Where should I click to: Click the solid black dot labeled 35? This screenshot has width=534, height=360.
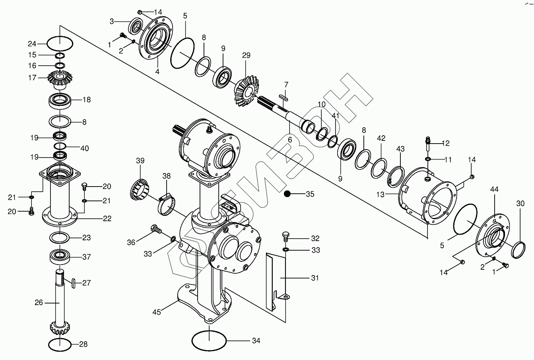tap(288, 194)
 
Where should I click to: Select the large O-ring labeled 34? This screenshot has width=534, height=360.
tap(209, 341)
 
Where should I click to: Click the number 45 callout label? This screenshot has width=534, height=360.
tap(157, 312)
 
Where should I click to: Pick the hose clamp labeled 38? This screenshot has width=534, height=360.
tap(167, 202)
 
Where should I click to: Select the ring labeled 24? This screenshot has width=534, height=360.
tap(60, 43)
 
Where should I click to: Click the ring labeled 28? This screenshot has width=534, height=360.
tap(60, 344)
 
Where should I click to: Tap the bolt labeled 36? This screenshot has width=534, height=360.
tap(155, 229)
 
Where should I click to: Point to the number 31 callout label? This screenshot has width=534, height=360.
tap(315, 278)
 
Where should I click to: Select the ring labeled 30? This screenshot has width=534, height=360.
tap(517, 250)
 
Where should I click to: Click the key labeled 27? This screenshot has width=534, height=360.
tap(74, 283)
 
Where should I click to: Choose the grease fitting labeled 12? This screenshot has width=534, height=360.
tap(428, 143)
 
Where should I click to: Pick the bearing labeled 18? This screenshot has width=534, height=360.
tap(60, 100)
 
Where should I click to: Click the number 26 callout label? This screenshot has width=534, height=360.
tap(39, 302)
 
